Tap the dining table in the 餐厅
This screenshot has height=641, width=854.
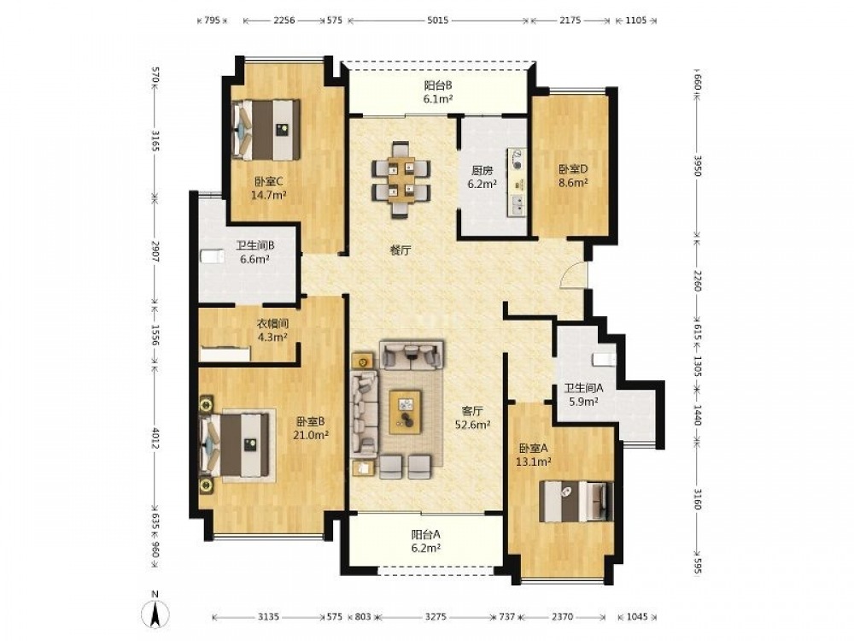coord(401,179)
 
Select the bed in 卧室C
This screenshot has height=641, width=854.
coord(266,130)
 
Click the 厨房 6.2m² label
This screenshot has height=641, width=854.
coord(482,177)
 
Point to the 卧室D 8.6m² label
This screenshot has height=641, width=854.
coord(573,176)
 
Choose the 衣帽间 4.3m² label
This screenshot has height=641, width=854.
coord(272,330)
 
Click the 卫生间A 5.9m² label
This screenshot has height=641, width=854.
coord(583,395)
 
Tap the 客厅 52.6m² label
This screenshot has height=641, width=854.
coord(472,418)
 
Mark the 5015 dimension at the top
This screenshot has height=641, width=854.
coord(438,21)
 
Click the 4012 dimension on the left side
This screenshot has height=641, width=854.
coord(155,438)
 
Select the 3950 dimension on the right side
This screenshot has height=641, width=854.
coord(699,165)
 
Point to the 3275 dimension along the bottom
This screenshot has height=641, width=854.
coord(436,616)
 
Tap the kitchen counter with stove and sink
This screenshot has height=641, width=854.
coord(518,182)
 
